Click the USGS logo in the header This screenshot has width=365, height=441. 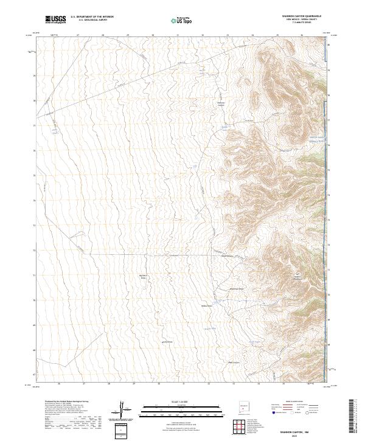point(55,19)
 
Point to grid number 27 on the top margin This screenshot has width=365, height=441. point(78,35)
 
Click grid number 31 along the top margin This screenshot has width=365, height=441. point(178,35)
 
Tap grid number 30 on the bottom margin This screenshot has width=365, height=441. point(158,384)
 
